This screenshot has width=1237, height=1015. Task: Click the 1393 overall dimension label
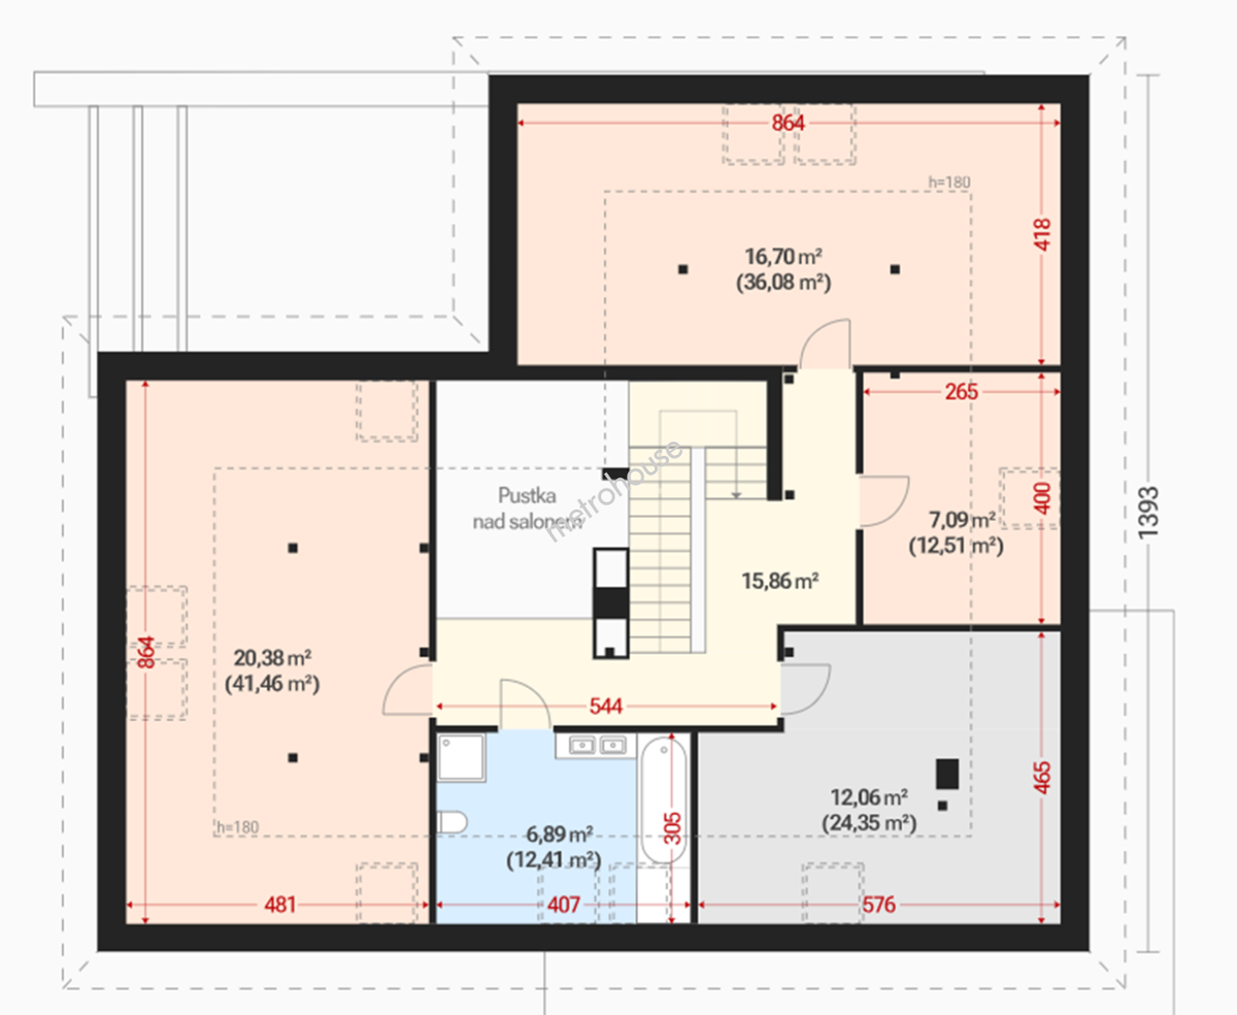point(1148,512)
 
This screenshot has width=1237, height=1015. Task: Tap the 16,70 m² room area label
point(783,258)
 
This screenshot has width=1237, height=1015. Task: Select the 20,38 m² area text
point(272,658)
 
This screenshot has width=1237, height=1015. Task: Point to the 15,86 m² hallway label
point(781,581)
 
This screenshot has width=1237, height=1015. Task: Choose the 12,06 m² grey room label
point(869,797)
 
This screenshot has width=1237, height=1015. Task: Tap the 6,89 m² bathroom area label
point(559,834)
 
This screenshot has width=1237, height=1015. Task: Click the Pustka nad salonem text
point(527,508)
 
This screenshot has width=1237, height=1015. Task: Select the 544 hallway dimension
point(605,706)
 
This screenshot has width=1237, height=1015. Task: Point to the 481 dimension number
point(280,905)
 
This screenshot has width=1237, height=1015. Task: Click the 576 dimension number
point(878,905)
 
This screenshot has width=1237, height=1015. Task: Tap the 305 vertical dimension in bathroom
point(673,828)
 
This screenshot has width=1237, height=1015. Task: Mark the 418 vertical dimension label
point(1043,235)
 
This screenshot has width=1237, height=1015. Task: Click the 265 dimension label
point(962,392)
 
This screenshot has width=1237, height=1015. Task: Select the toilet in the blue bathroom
point(452,822)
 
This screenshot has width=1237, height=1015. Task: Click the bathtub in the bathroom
point(664,800)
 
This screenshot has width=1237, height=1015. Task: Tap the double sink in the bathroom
point(596,745)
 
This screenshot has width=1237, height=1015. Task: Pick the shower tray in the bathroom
point(461,757)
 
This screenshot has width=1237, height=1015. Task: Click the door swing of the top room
point(825,343)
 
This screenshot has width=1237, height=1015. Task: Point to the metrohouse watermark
point(614,491)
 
